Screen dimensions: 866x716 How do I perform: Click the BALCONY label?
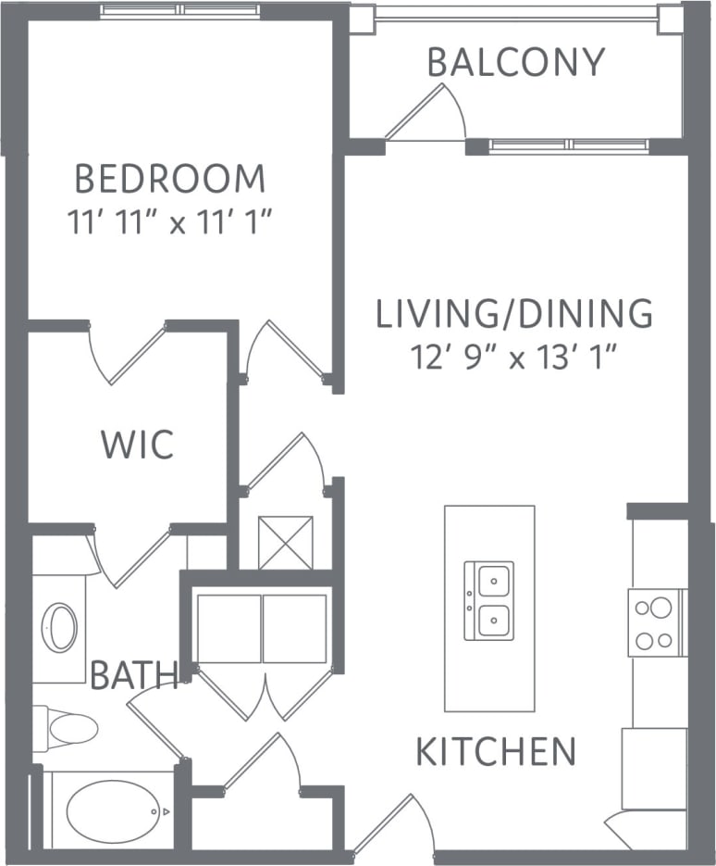[515, 62]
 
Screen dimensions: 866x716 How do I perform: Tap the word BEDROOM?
[169, 178]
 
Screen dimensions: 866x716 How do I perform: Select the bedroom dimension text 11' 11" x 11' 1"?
[173, 223]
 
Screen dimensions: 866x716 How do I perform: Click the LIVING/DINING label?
[514, 315]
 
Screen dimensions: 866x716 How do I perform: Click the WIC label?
[137, 445]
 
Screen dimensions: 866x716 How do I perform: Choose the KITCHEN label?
[496, 752]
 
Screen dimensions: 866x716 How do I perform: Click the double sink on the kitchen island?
[489, 600]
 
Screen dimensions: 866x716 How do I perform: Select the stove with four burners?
[658, 622]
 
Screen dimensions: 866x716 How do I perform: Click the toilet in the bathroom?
[67, 727]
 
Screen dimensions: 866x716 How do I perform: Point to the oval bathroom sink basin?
[62, 628]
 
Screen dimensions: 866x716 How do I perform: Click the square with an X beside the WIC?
[286, 543]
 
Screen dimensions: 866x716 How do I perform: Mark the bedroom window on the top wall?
[181, 10]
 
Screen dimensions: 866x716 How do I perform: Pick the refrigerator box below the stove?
[654, 768]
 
